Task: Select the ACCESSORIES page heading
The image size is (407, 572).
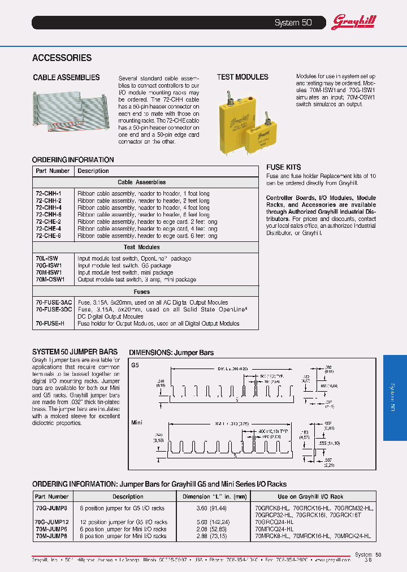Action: [x=62, y=58]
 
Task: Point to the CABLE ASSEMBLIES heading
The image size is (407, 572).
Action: [x=66, y=77]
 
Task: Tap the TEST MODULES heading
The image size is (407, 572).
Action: [x=243, y=77]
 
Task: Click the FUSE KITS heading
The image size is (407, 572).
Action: [x=283, y=167]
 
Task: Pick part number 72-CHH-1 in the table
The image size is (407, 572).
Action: [x=49, y=193]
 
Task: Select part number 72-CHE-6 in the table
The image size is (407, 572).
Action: [x=49, y=236]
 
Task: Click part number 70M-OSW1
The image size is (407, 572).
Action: [x=50, y=279]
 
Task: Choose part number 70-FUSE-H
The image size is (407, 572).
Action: [x=50, y=324]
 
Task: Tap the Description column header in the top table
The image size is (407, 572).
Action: [x=93, y=171]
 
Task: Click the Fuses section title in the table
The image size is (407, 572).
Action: [x=141, y=292]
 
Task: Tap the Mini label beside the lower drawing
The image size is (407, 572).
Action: [x=137, y=422]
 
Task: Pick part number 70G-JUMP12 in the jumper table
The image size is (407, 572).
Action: [x=52, y=522]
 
